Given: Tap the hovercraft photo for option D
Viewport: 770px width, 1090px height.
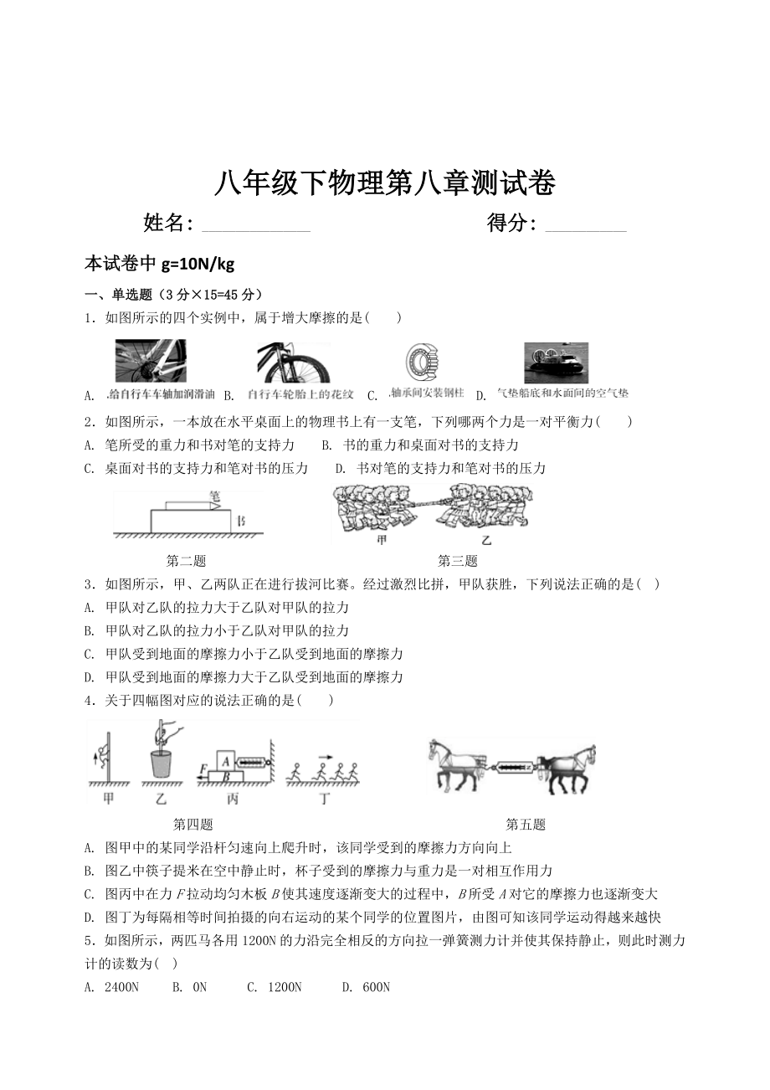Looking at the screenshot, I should point(556,362).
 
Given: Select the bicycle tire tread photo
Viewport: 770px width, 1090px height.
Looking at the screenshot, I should point(293,362).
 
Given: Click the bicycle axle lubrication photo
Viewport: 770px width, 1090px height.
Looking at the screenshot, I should point(150,361).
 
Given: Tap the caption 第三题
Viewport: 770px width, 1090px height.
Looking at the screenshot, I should point(457,561).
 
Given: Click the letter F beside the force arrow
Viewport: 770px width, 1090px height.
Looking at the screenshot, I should point(203,769).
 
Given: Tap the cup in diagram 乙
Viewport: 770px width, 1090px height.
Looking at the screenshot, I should point(162,764).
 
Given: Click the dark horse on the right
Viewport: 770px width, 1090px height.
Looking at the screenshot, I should point(567,764).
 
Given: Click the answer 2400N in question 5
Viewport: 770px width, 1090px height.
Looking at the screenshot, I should point(121,987).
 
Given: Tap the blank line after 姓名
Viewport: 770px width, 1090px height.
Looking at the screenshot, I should point(256,226).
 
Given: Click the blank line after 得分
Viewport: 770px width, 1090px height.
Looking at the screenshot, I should point(585,226).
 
